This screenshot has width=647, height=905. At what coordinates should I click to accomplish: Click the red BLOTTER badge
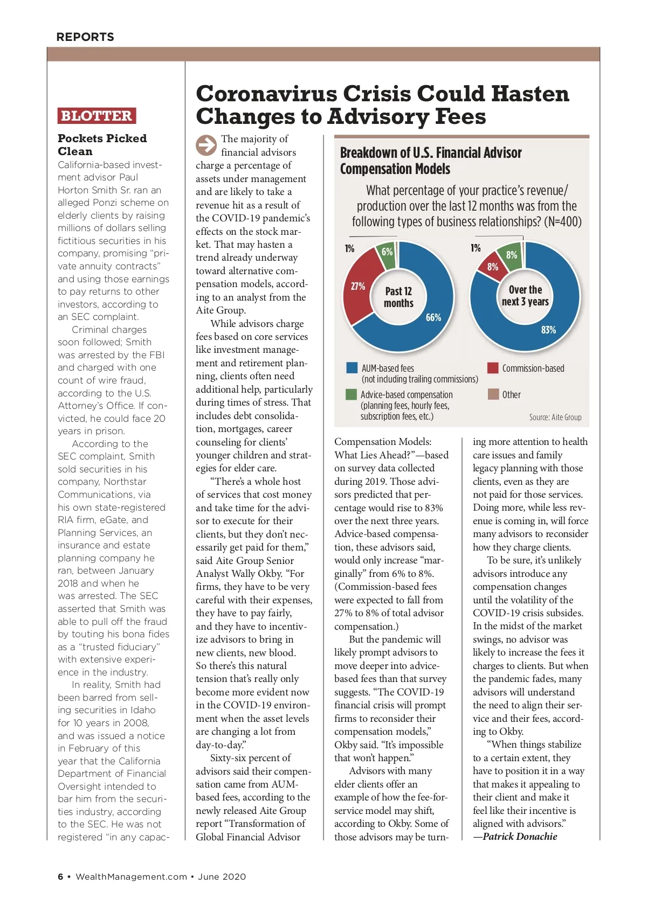coord(97,116)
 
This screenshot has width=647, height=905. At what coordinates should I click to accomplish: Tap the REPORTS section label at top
coord(85,37)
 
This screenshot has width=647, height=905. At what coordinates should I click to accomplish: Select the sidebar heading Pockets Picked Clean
coord(102,145)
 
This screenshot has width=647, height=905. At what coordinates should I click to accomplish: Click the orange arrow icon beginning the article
coord(206,145)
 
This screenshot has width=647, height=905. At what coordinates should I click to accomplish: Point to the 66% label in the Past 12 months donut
coord(433,317)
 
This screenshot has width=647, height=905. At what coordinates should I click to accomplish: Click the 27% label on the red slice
coord(358,286)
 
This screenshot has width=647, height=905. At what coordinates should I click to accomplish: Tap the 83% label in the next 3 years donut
coord(548,330)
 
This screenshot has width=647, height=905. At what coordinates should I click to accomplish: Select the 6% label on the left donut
coord(387,252)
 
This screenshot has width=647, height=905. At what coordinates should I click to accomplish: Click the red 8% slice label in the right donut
coord(493,267)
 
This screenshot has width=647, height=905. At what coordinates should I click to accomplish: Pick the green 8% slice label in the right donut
coord(512,255)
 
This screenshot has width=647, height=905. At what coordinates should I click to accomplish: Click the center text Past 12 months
coord(398,297)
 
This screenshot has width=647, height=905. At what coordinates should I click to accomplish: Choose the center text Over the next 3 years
coord(525,296)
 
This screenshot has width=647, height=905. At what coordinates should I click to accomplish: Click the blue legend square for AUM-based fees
coord(352,368)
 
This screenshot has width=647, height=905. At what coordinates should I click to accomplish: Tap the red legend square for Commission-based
coord(493,368)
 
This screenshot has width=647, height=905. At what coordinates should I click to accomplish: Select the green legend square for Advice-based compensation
coord(352,395)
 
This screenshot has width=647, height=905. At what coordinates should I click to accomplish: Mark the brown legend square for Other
coord(493,394)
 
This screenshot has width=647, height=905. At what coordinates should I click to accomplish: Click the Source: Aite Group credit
coord(555,417)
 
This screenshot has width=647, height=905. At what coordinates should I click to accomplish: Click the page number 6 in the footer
coord(60,876)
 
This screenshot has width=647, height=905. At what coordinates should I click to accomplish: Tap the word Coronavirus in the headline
coord(266,94)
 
